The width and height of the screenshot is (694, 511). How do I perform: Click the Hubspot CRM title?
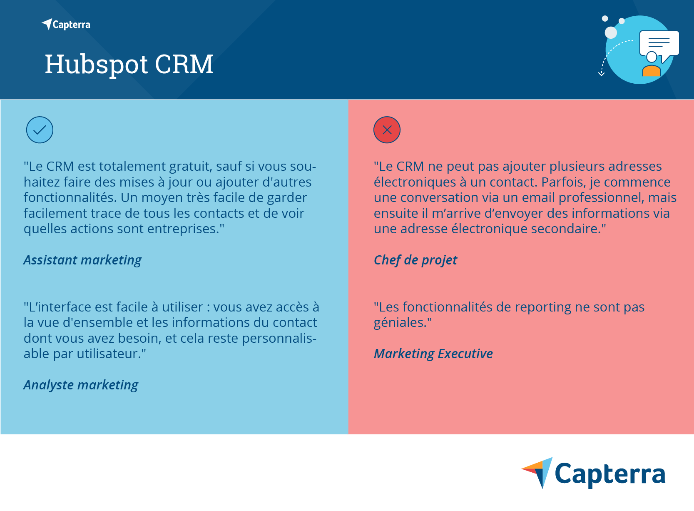[129, 65]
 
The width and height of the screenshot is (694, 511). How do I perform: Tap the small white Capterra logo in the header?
[66, 25]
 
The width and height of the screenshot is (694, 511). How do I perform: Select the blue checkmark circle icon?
[40, 130]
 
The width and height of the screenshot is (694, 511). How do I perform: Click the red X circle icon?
[387, 130]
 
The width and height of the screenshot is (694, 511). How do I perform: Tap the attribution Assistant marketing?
[82, 260]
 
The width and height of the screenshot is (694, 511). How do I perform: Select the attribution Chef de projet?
[415, 260]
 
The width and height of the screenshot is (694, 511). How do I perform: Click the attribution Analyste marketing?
[81, 385]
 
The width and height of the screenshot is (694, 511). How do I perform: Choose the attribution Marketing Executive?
[433, 354]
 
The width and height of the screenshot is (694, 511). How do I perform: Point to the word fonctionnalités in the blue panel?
[70, 198]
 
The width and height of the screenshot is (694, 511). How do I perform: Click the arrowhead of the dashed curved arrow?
[601, 74]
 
